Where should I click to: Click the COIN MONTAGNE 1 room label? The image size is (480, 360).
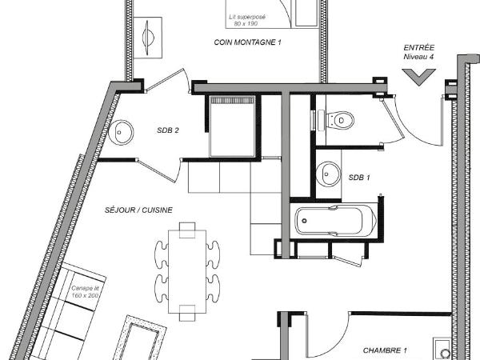click(247, 42)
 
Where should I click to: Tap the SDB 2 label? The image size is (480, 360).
click(168, 130)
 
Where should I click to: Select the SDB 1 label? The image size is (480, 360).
click(359, 178)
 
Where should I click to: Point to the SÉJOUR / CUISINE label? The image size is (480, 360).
click(138, 210)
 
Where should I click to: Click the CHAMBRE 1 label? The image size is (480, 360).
click(385, 350)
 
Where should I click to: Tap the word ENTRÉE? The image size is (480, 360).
click(418, 48)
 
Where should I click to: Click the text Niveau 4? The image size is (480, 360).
click(418, 57)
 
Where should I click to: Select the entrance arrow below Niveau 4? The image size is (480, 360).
click(418, 77)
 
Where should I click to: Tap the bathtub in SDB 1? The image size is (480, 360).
click(335, 221)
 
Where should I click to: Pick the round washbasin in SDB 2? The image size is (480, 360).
click(122, 133)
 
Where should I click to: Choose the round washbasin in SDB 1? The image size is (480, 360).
click(328, 174)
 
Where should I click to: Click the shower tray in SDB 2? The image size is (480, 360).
click(232, 126)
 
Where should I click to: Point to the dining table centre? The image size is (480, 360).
click(187, 271)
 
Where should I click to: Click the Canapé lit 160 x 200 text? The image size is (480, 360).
click(85, 292)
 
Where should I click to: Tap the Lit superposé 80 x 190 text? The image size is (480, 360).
click(247, 20)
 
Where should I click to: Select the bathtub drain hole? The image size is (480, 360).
click(304, 221)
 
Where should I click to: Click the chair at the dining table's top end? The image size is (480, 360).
click(187, 230)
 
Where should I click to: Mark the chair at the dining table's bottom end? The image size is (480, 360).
click(187, 313)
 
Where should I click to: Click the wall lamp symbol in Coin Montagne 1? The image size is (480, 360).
click(148, 38)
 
